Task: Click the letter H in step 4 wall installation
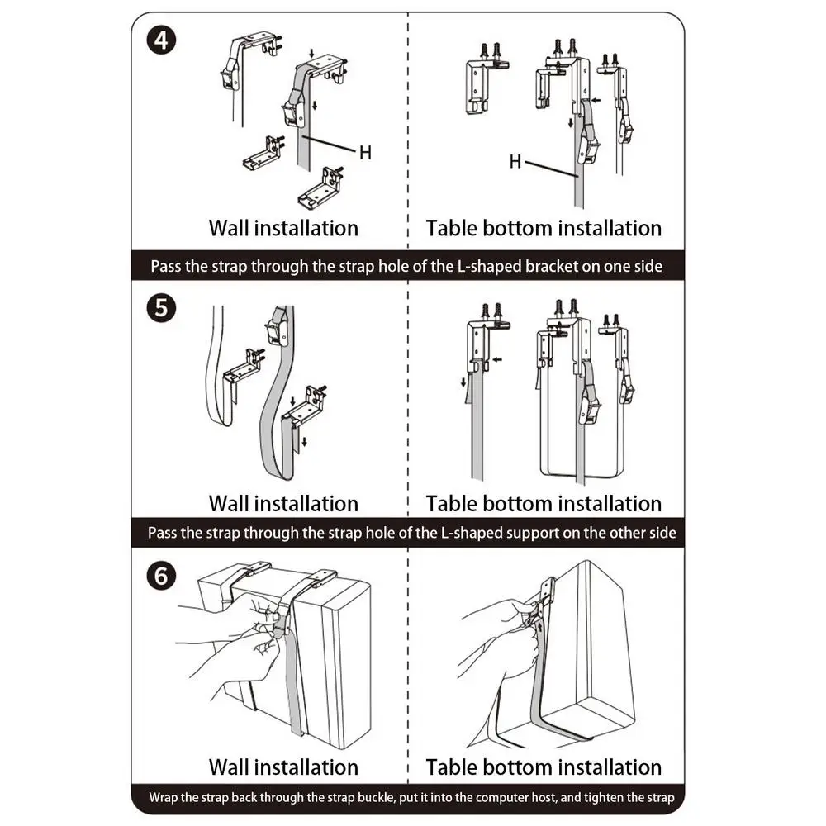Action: coord(365,152)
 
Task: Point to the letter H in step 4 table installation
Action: coord(515,162)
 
